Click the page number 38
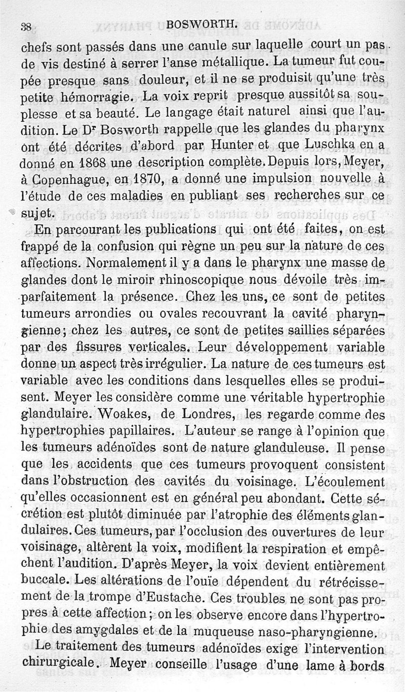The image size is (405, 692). tap(26, 27)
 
